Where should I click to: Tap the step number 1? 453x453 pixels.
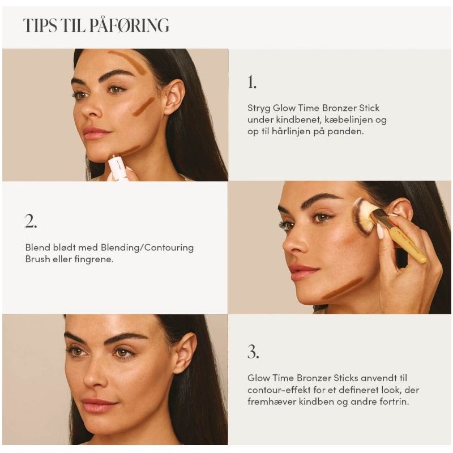click(251, 83)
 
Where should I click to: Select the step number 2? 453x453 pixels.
click(31, 221)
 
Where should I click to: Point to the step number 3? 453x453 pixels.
click(253, 352)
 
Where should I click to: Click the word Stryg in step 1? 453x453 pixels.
click(259, 108)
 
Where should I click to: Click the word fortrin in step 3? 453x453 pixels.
click(392, 401)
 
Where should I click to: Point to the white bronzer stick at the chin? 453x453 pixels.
click(118, 168)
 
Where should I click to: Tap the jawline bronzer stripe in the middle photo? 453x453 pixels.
click(342, 288)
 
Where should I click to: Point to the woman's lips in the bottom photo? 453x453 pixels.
click(100, 405)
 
